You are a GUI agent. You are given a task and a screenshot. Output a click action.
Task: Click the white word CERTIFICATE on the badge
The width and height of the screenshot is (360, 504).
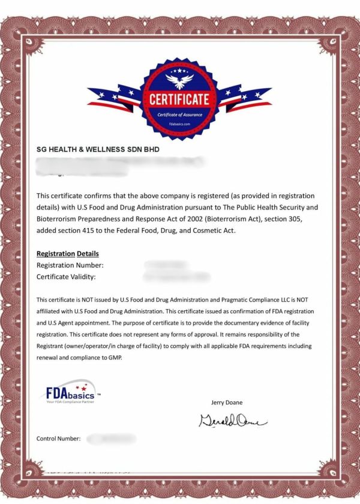click(x=180, y=99)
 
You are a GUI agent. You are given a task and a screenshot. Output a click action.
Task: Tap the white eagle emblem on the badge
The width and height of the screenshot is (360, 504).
click(x=180, y=80)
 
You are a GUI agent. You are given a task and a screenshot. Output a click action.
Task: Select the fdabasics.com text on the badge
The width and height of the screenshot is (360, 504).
click(x=180, y=124)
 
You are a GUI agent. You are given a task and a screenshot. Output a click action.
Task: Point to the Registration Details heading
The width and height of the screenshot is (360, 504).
click(x=68, y=254)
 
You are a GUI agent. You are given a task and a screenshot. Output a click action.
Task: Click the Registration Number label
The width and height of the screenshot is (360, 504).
click(x=70, y=265)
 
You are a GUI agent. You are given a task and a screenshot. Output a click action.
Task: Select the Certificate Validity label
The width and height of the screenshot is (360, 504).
click(x=66, y=277)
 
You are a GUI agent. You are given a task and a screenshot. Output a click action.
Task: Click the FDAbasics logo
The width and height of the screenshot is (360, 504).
click(x=71, y=394)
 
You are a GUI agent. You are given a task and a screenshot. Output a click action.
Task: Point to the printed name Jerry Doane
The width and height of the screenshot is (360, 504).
click(x=227, y=402)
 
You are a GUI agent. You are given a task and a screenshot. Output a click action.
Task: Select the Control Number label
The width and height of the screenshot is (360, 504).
click(x=59, y=439)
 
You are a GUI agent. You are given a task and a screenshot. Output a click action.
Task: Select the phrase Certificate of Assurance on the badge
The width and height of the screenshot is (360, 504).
click(x=180, y=115)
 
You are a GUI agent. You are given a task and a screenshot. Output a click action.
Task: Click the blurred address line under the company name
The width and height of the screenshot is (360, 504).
click(x=120, y=161)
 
